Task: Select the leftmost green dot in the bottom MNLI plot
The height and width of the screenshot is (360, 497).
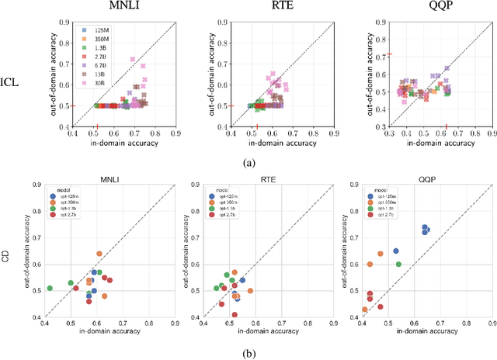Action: (x=49, y=289)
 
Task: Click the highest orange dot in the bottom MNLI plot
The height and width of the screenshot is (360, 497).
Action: (x=99, y=254)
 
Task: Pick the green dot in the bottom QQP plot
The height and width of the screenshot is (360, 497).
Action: (x=398, y=265)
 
